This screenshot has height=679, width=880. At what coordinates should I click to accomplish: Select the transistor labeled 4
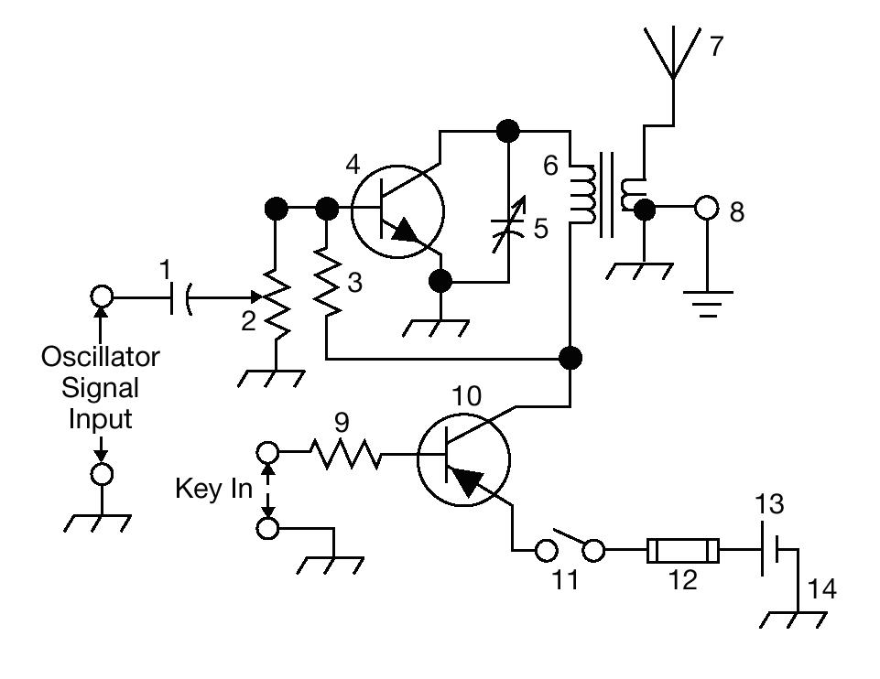[x=397, y=211]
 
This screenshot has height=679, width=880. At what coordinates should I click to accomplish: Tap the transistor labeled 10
[x=463, y=459]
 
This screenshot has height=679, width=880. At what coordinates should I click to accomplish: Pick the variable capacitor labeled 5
[x=508, y=224]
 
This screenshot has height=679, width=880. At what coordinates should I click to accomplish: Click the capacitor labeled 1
[x=180, y=297]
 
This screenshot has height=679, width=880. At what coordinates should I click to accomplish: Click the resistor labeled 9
[x=345, y=454]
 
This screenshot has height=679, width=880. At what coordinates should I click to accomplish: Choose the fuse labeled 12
[x=682, y=551]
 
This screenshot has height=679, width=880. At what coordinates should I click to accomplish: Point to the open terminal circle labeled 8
[x=706, y=208]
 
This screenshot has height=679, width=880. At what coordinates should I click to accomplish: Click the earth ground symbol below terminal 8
[x=708, y=304]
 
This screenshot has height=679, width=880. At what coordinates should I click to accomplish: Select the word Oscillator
[x=101, y=357]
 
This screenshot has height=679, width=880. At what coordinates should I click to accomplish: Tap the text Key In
[x=214, y=489]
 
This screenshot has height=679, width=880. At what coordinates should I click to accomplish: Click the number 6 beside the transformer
[x=550, y=166]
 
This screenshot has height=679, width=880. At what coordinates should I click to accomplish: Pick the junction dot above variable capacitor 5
[x=508, y=131]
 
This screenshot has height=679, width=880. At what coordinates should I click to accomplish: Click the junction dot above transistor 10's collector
[x=570, y=357]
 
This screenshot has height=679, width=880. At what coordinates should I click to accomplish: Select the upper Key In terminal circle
[x=267, y=451]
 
